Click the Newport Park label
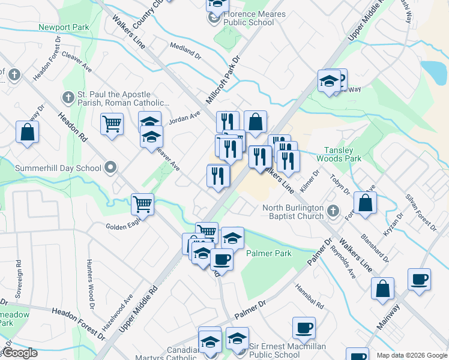64,28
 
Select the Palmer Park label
269,253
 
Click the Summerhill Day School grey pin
110,168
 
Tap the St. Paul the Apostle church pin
67,97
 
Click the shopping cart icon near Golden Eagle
143,203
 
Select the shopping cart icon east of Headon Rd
112,124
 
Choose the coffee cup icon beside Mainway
419,278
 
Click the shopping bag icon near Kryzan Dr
365,202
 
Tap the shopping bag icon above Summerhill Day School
28,132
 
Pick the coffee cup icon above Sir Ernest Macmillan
304,328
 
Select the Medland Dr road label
185,50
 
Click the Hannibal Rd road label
309,296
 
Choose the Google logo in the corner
20,353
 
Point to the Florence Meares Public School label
249,18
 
